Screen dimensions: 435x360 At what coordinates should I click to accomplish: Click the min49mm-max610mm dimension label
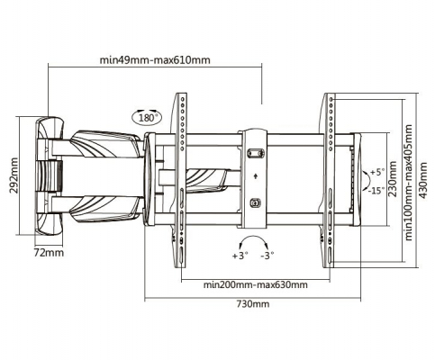[155, 60]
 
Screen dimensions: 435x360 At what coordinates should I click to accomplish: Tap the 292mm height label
[14, 175]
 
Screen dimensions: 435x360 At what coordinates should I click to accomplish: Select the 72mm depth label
[49, 253]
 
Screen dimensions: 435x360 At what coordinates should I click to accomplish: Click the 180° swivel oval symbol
[147, 117]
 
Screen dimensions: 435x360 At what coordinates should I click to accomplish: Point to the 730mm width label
[253, 304]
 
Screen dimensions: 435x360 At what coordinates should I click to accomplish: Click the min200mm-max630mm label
[256, 284]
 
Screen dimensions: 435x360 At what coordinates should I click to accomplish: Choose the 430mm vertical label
[423, 180]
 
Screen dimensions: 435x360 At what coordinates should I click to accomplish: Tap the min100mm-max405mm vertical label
[409, 183]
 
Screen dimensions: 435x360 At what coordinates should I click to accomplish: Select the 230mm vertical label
[393, 179]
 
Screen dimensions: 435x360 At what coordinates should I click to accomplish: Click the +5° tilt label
[377, 172]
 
